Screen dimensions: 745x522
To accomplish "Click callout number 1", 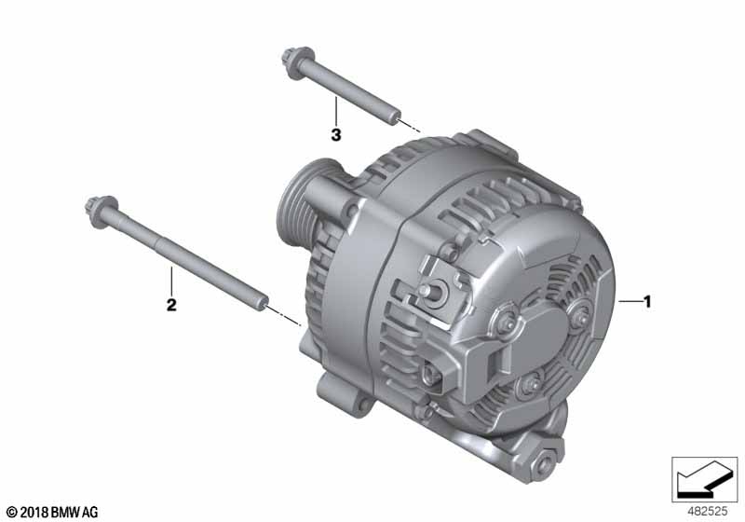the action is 646,301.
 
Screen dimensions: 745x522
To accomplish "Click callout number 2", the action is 171,304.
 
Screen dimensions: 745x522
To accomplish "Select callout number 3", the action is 336,135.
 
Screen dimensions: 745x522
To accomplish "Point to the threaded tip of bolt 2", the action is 264,302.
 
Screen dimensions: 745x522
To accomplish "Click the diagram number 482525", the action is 708,512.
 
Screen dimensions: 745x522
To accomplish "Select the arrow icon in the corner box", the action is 703,479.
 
